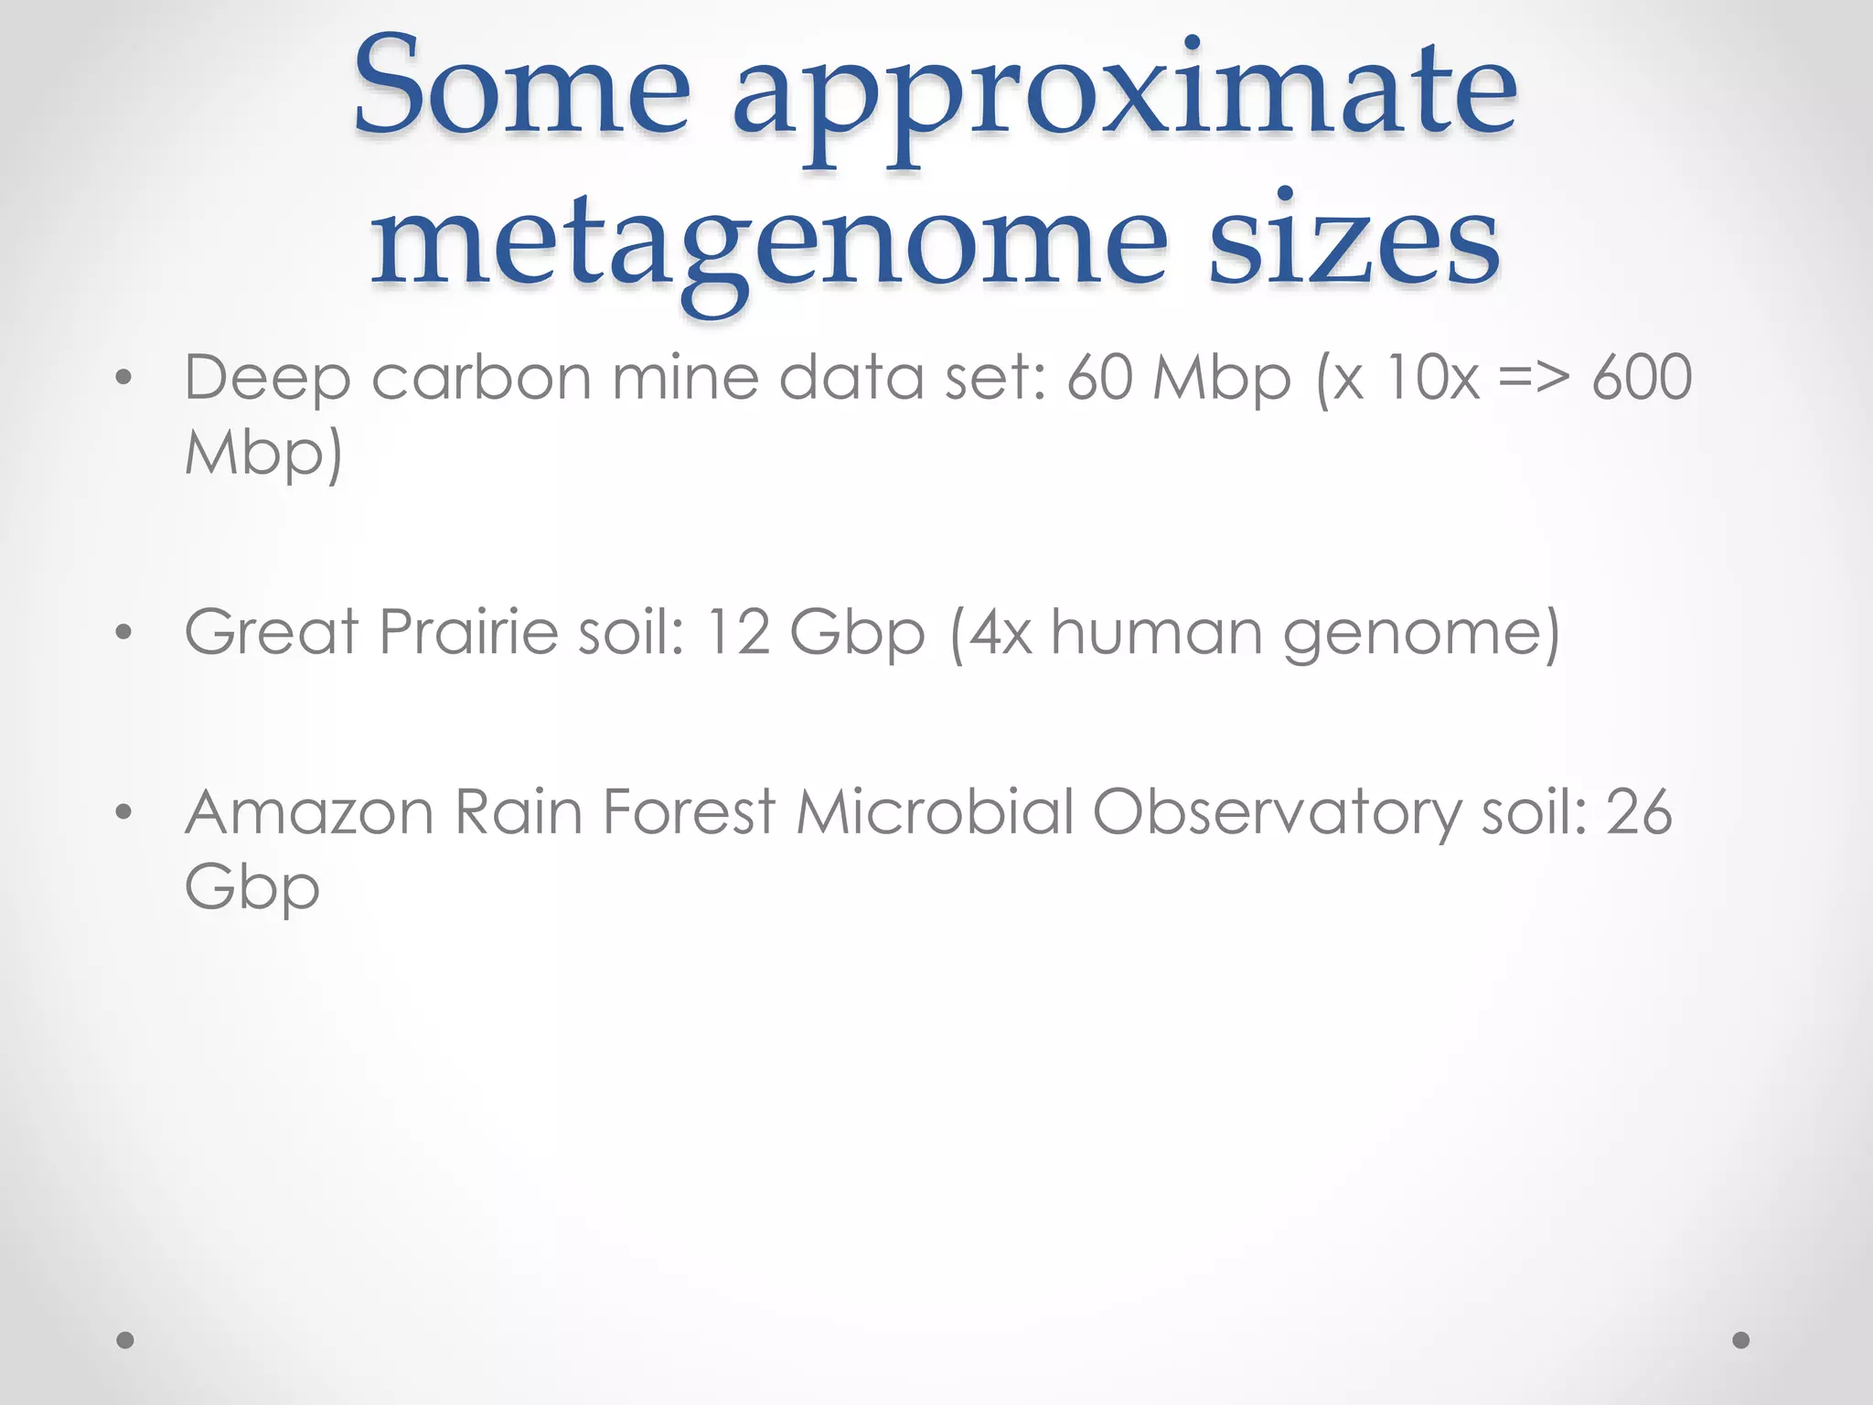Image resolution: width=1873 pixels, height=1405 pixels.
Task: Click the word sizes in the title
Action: pos(1354,242)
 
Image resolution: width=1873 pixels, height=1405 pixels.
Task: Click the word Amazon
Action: pos(309,812)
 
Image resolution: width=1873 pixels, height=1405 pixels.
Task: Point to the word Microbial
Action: pos(935,811)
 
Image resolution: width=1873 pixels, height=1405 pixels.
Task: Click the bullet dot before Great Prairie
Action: pos(125,632)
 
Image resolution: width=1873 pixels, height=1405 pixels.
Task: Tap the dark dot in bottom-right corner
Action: pos(1741,1340)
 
